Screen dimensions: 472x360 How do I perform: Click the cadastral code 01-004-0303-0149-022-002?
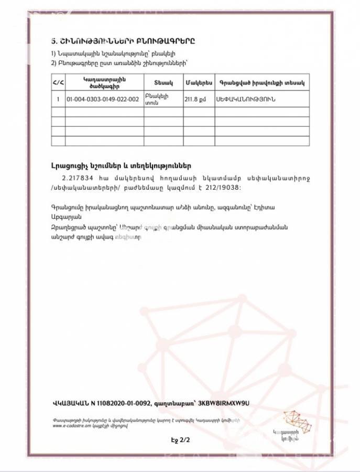(102, 99)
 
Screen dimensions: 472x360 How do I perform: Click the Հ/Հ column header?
(58, 83)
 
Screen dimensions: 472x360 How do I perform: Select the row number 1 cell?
(58, 99)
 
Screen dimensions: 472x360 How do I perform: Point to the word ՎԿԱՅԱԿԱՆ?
(68, 403)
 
